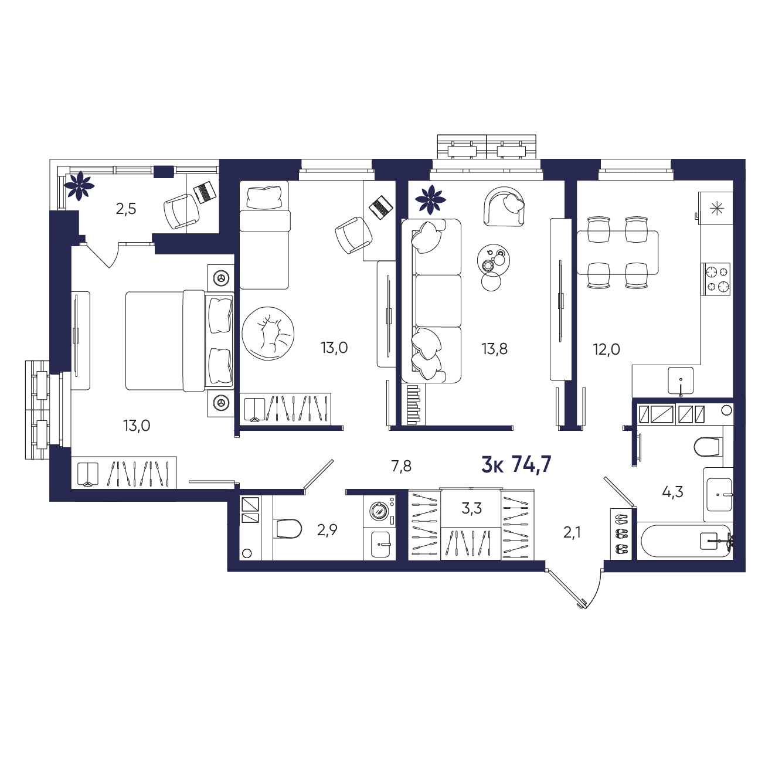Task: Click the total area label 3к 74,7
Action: pyautogui.click(x=516, y=465)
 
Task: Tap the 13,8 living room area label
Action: pyautogui.click(x=495, y=349)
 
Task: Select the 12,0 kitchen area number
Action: pyautogui.click(x=607, y=349)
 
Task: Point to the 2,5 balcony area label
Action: pyautogui.click(x=126, y=209)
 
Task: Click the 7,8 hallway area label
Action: pyautogui.click(x=401, y=466)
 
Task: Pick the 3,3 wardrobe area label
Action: pyautogui.click(x=471, y=508)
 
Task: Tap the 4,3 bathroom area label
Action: pyautogui.click(x=672, y=492)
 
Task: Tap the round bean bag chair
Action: pyautogui.click(x=268, y=334)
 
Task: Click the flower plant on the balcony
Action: pyautogui.click(x=79, y=186)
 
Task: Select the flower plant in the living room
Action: pyautogui.click(x=430, y=200)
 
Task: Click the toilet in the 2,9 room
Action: pyautogui.click(x=288, y=529)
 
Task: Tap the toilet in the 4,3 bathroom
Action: pyautogui.click(x=709, y=448)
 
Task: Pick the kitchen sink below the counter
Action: pyautogui.click(x=681, y=381)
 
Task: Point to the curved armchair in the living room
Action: pyautogui.click(x=504, y=206)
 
